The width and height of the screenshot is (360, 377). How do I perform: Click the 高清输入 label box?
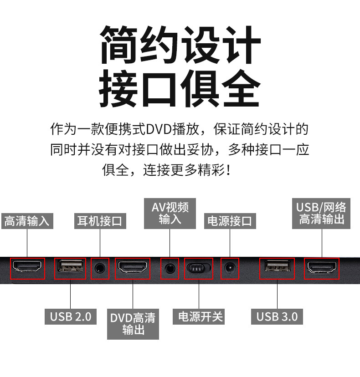pyautogui.click(x=27, y=221)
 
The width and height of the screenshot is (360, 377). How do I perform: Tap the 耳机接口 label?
pyautogui.click(x=100, y=221)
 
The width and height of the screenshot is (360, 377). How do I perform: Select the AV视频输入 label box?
pyautogui.click(x=170, y=213)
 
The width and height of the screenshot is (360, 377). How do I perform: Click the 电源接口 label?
pyautogui.click(x=229, y=221)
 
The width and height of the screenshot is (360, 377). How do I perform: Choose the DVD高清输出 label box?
pyautogui.click(x=133, y=324)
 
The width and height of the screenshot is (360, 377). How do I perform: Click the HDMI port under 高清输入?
pyautogui.click(x=27, y=268)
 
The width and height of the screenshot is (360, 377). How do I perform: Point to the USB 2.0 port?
pyautogui.click(x=70, y=268)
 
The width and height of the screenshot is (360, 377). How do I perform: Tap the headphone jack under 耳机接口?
pyautogui.click(x=100, y=268)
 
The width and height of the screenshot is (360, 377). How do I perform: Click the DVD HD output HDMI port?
pyautogui.click(x=133, y=268)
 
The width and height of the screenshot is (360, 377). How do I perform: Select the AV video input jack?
pyautogui.click(x=170, y=268)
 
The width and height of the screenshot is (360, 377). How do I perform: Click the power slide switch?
pyautogui.click(x=199, y=268)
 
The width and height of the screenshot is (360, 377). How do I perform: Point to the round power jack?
pyautogui.click(x=229, y=268)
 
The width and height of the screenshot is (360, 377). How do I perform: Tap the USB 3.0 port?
pyautogui.click(x=277, y=268)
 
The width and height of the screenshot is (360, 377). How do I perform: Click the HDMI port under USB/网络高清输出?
pyautogui.click(x=322, y=268)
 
